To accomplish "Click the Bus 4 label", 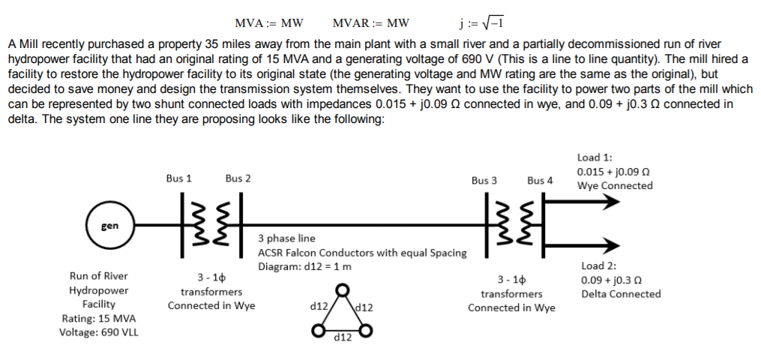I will click(540, 180).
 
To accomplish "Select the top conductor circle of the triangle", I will click(343, 289).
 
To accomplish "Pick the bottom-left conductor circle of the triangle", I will click(319, 330).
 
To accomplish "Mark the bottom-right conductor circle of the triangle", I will click(367, 330).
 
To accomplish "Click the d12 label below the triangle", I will click(343, 339).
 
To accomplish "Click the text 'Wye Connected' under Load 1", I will click(614, 186).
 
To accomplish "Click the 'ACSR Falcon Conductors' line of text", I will click(361, 253).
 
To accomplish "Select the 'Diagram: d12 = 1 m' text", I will click(304, 267).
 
